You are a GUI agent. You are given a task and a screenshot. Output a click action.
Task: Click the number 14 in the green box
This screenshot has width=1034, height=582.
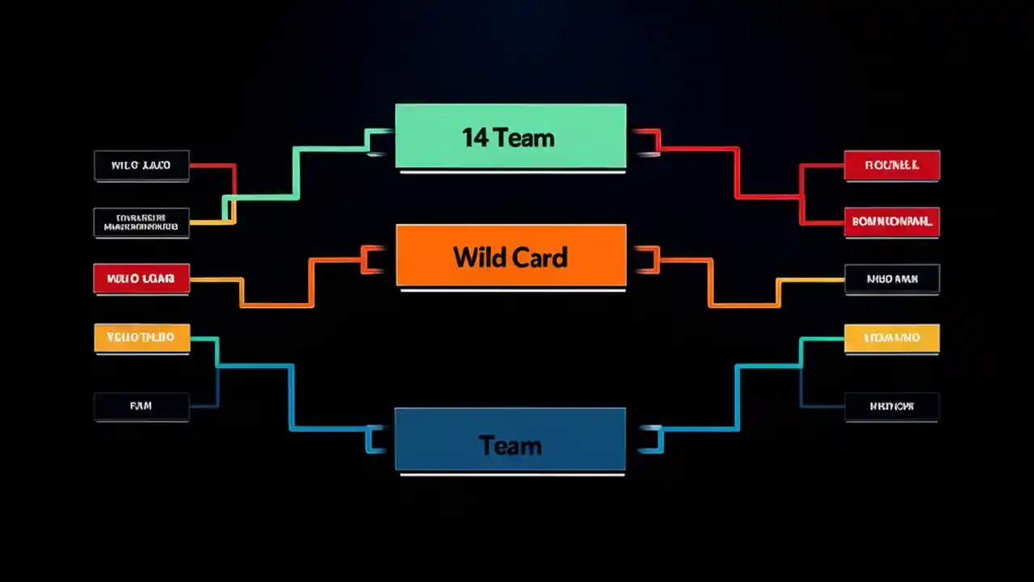tap(475, 137)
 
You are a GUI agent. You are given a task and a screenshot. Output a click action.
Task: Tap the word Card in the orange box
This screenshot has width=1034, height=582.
tap(540, 258)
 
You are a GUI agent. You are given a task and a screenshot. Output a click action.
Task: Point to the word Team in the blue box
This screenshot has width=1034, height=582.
tap(510, 445)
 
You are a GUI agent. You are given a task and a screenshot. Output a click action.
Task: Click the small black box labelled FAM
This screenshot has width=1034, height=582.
tap(141, 407)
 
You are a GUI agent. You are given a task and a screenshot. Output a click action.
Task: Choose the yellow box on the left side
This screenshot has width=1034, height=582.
tap(141, 338)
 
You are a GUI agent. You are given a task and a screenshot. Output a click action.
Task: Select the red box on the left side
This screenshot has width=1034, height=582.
tap(141, 279)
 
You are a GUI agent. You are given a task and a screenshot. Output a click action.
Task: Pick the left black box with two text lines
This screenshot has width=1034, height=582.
tap(141, 222)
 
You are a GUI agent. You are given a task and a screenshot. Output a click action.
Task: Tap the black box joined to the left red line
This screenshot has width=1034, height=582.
tap(141, 166)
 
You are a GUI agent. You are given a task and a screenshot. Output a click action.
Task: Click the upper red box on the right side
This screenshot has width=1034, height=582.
tap(892, 165)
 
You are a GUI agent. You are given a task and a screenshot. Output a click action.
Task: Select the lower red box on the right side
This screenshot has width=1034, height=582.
tap(892, 221)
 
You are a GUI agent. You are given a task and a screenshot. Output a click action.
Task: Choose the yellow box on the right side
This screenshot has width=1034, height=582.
tap(892, 338)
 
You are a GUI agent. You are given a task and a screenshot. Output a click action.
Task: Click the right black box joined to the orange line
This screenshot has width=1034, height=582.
tap(892, 279)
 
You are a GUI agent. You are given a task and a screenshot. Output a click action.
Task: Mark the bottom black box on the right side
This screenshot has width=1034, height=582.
tap(892, 407)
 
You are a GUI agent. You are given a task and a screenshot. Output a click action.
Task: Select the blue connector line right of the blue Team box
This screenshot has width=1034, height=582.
tap(737, 396)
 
